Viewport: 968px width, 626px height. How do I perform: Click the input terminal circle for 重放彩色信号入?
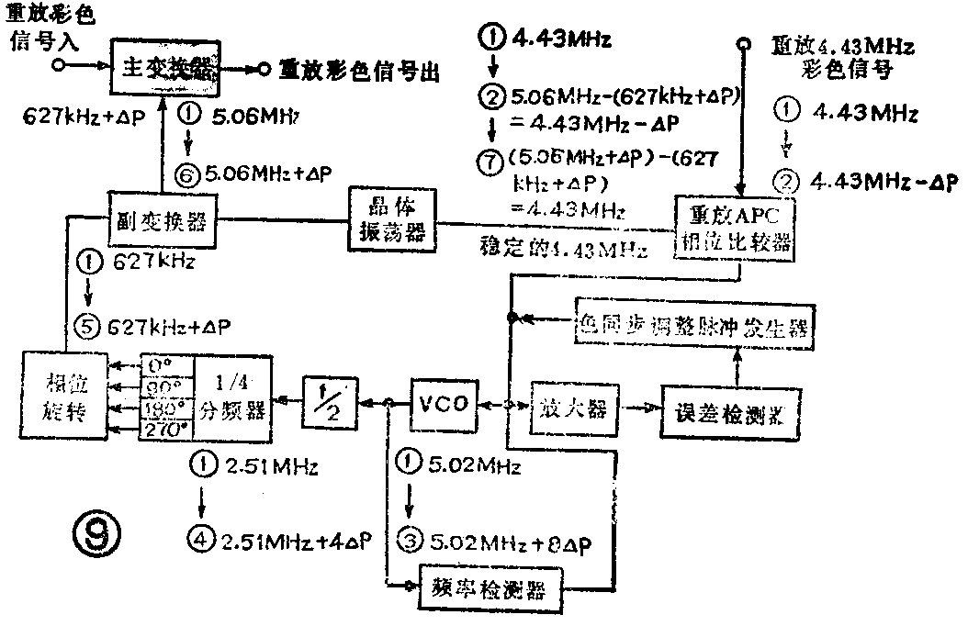57,66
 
